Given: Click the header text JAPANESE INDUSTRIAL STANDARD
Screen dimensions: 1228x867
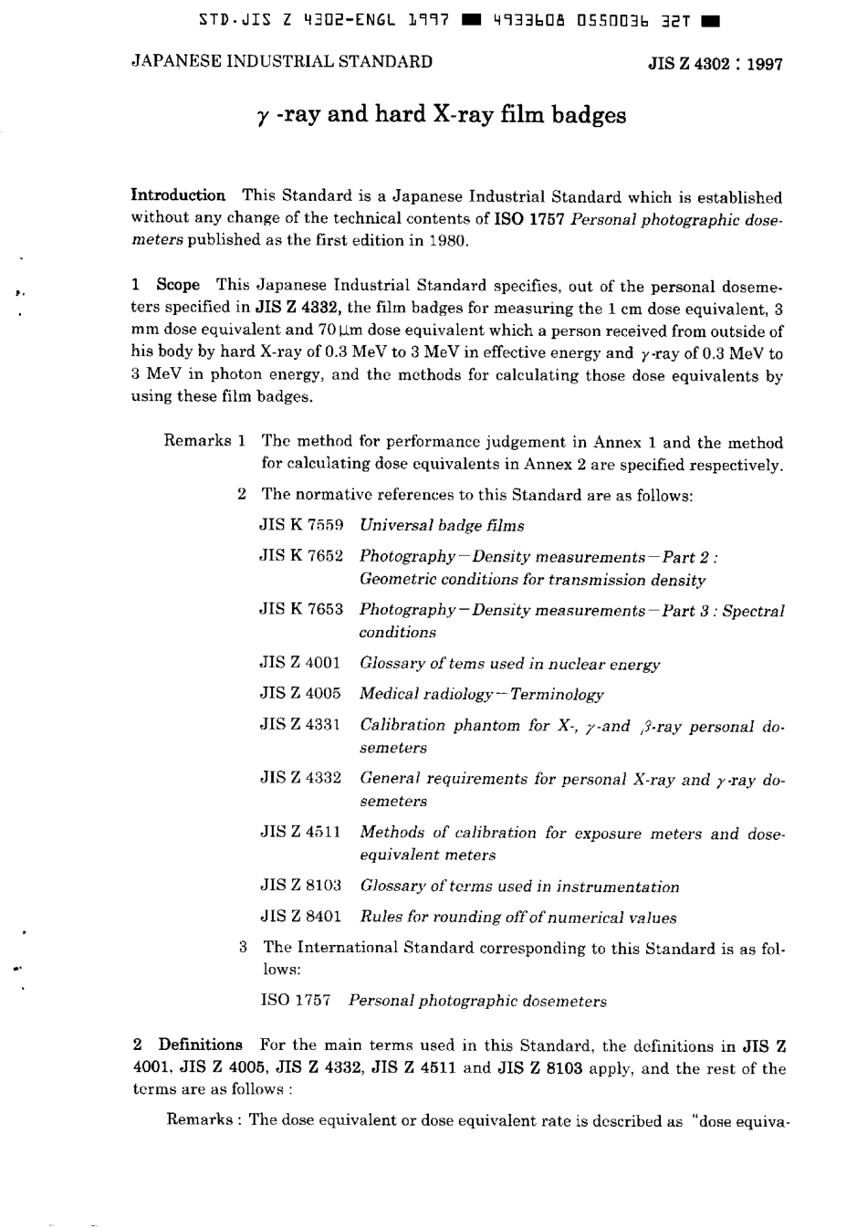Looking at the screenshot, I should [282, 62].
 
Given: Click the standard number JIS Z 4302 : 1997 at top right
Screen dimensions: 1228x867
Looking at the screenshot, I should [715, 65].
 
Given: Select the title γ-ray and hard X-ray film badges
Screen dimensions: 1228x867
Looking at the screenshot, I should [441, 115].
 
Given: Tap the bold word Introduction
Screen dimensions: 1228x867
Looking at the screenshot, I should [179, 195].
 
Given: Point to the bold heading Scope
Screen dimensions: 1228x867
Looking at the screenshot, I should [178, 285].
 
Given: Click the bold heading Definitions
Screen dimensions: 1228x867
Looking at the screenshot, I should [200, 1044].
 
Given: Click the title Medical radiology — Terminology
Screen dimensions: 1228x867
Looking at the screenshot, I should [481, 694].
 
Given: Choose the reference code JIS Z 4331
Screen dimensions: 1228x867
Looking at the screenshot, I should [300, 725].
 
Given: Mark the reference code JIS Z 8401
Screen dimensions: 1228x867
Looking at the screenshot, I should [300, 917].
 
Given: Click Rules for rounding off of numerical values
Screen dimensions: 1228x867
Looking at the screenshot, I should [517, 918].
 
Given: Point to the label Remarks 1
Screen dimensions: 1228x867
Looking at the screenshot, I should [204, 441].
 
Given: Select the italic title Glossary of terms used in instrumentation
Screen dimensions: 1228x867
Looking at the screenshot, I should [519, 887].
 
